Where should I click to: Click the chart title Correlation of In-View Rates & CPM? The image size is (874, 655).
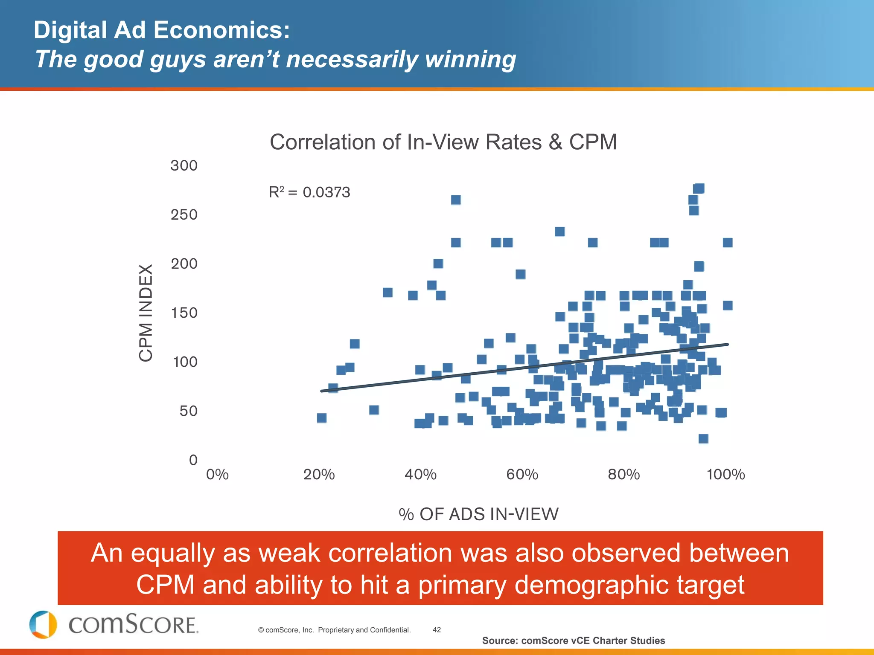click(x=443, y=142)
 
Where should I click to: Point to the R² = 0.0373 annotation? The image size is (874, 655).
click(x=309, y=192)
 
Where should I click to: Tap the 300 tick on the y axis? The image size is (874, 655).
click(x=184, y=165)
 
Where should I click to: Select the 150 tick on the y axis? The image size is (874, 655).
click(x=184, y=313)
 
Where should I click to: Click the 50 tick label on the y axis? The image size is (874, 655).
click(x=188, y=411)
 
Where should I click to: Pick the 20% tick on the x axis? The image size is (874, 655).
click(x=319, y=475)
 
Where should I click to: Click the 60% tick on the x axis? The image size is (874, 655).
click(x=522, y=475)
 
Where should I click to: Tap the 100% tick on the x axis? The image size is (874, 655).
click(x=725, y=475)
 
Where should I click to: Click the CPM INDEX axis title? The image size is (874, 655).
click(x=146, y=313)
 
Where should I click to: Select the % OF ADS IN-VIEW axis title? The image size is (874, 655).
click(x=478, y=514)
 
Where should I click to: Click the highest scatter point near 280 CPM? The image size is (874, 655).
click(x=699, y=188)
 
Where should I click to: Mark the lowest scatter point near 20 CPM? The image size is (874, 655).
click(x=703, y=439)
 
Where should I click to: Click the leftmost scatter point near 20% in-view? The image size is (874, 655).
click(x=322, y=418)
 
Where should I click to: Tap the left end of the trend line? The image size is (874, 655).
click(x=322, y=391)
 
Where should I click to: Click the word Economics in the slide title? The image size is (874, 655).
click(x=221, y=31)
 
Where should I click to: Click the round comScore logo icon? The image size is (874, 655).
click(x=43, y=625)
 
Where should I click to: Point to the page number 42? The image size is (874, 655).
click(x=437, y=630)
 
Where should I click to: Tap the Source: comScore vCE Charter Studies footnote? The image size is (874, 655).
click(x=573, y=641)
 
